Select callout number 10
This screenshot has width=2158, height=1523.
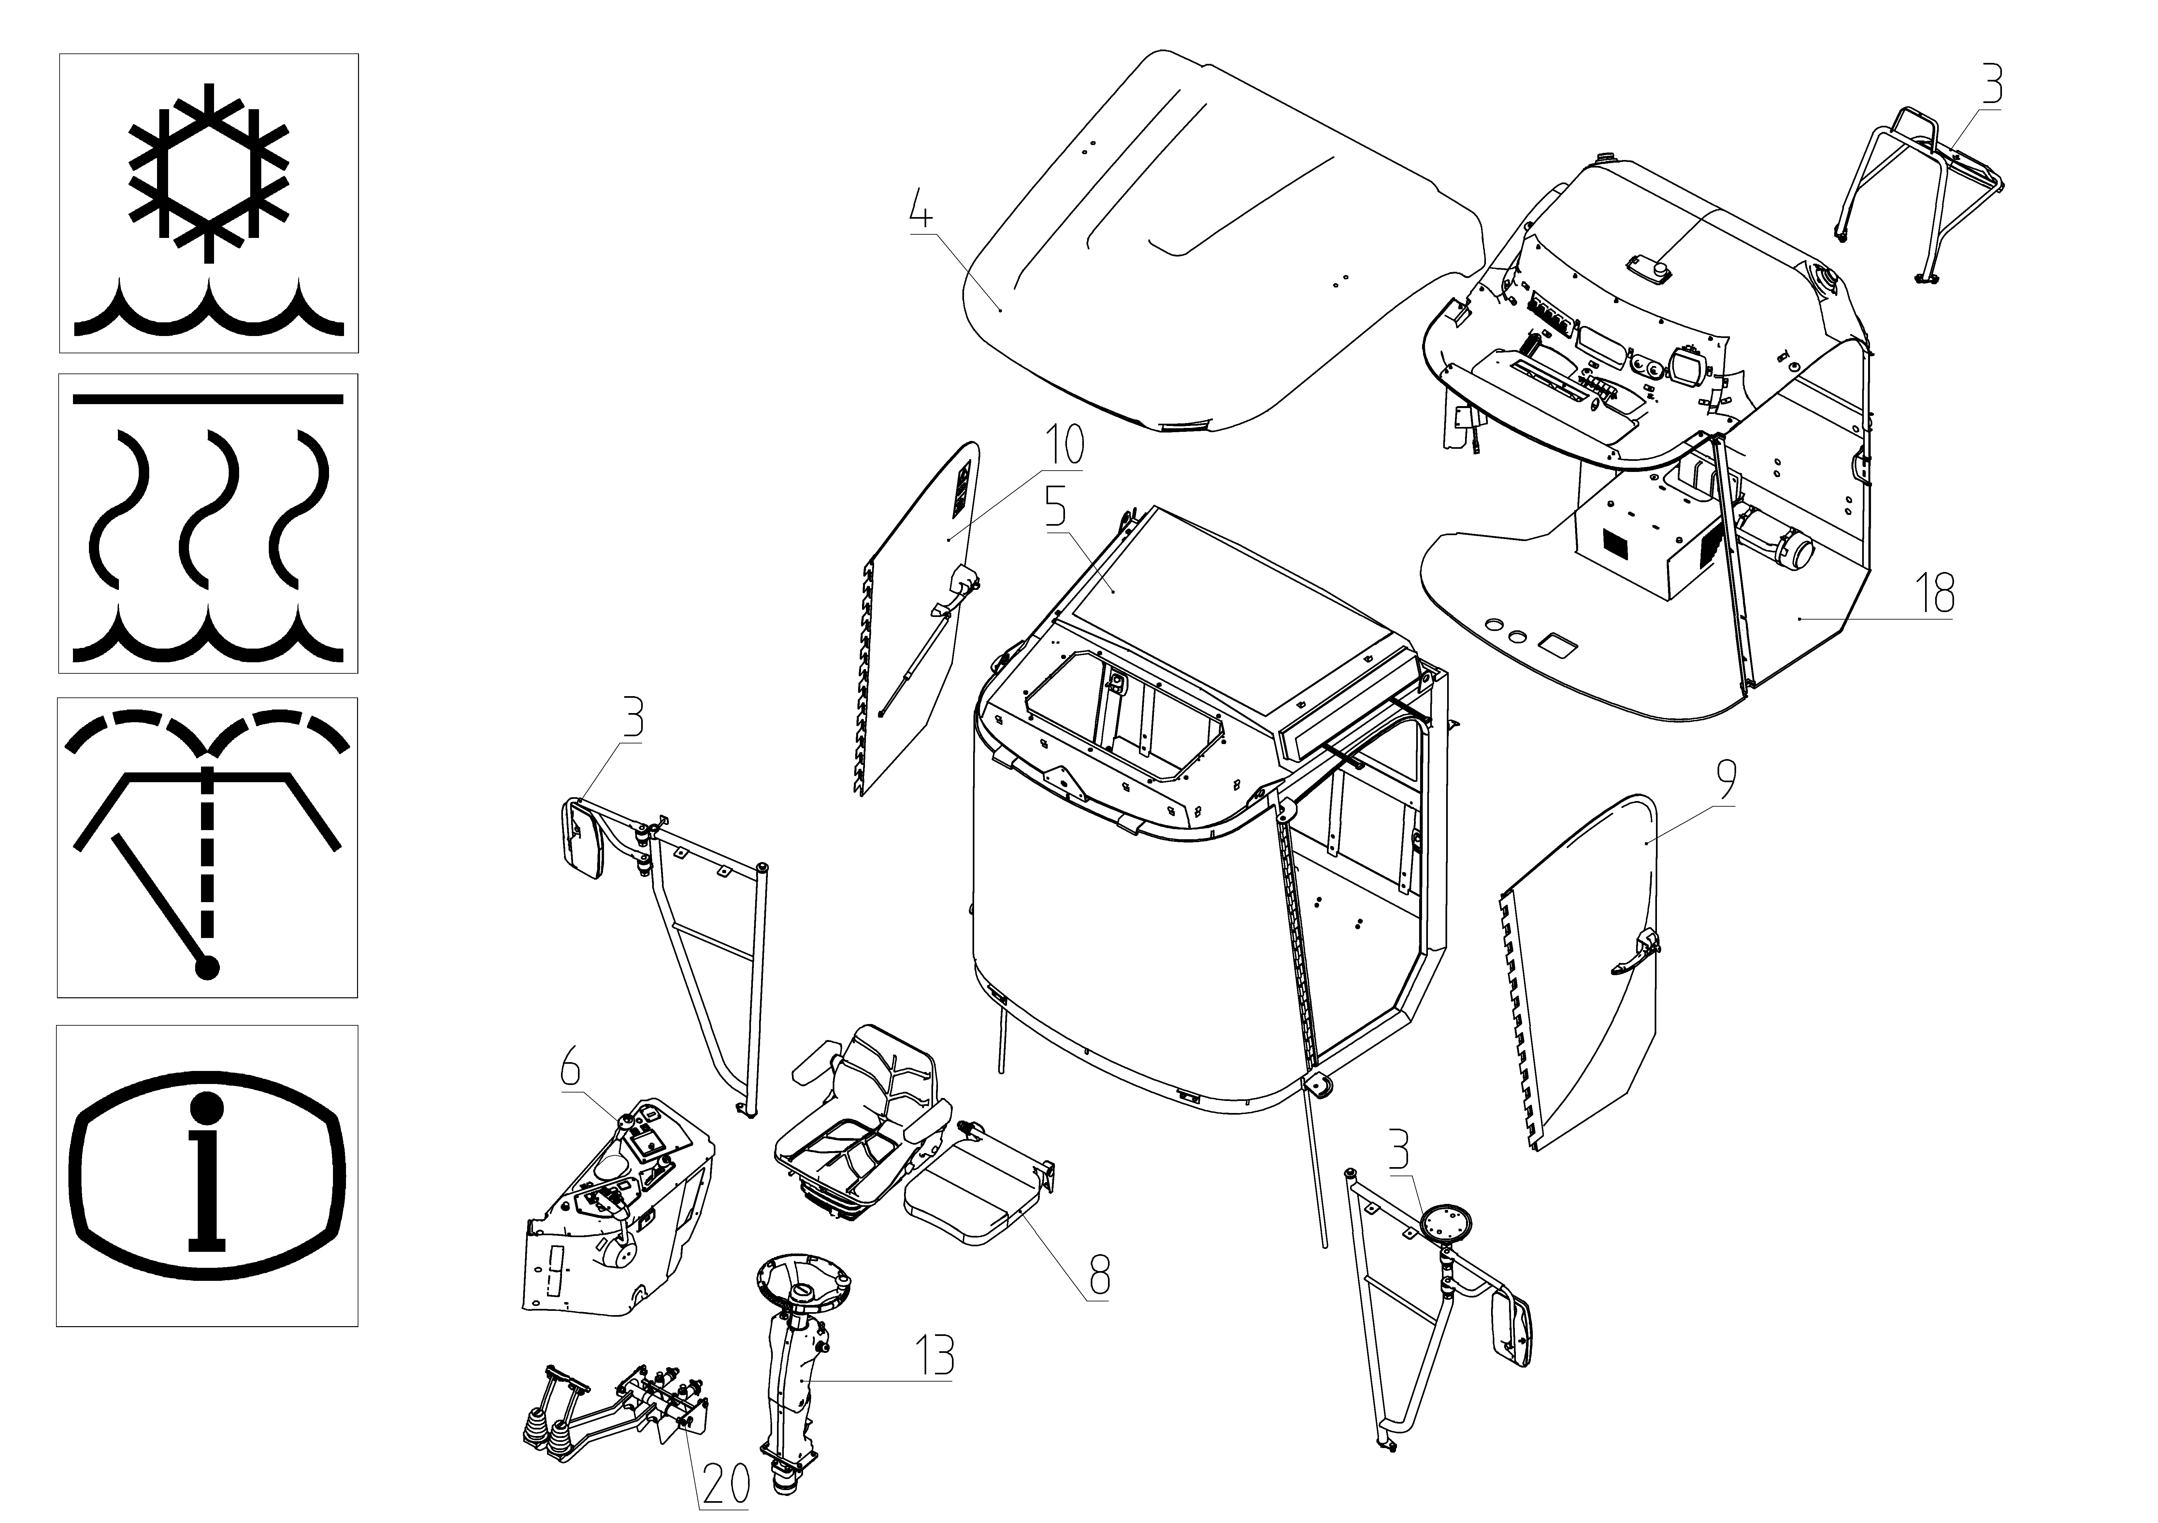click(1065, 445)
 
